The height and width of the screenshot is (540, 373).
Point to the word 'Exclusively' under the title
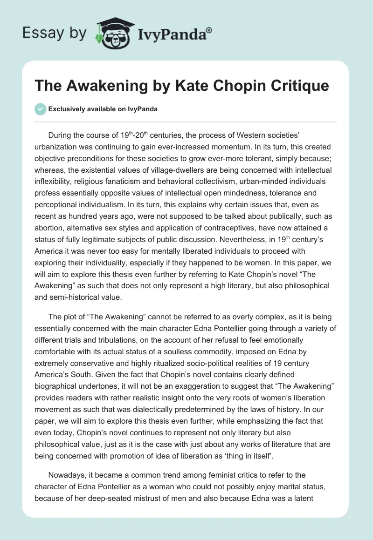(x=65, y=109)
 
